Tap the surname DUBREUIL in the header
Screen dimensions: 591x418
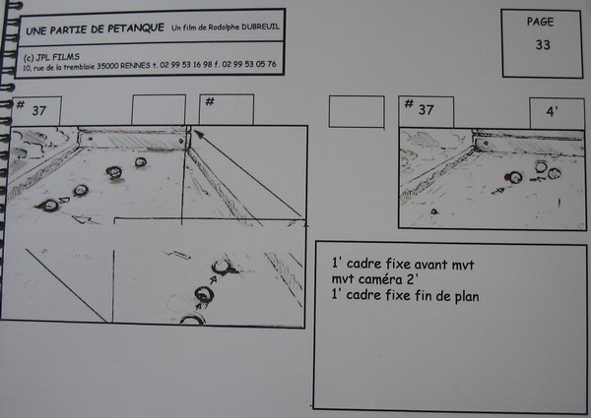pyautogui.click(x=261, y=27)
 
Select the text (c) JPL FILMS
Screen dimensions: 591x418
pyautogui.click(x=51, y=57)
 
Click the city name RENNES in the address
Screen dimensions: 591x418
pyautogui.click(x=135, y=66)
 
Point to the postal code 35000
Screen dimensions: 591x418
pyautogui.click(x=107, y=66)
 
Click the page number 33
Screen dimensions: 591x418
pyautogui.click(x=543, y=45)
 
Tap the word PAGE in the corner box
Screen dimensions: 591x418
pyautogui.click(x=540, y=22)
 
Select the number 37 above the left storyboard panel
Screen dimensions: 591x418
pyautogui.click(x=39, y=111)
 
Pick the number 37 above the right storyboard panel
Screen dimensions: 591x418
pyautogui.click(x=426, y=110)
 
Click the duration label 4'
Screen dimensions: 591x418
pyautogui.click(x=552, y=111)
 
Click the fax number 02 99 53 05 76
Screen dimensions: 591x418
pyautogui.click(x=249, y=64)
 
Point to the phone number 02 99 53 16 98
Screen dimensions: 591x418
pyautogui.click(x=186, y=65)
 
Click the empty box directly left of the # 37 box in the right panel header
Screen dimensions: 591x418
pyautogui.click(x=357, y=112)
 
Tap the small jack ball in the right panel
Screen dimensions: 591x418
pyautogui.click(x=434, y=211)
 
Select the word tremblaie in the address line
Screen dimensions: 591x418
pyautogui.click(x=79, y=67)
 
